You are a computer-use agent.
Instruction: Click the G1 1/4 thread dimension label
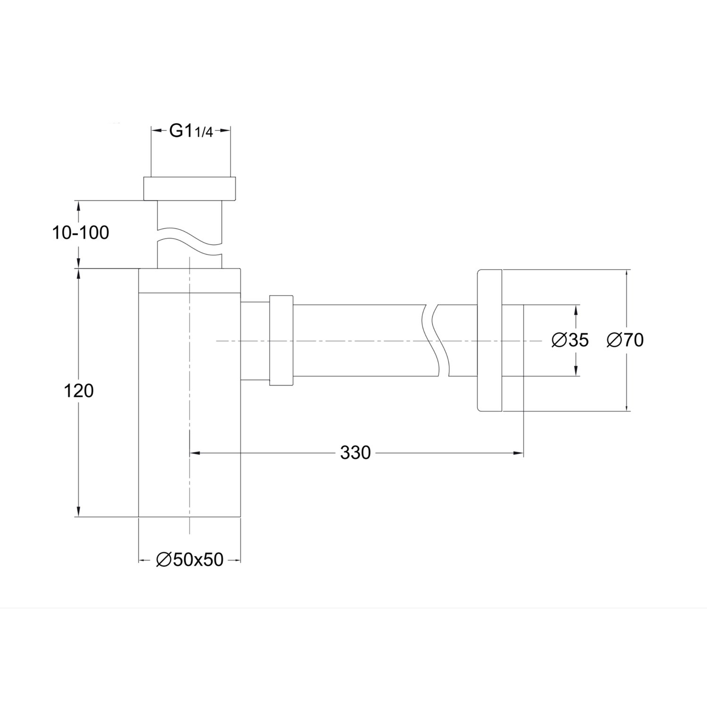coord(191,132)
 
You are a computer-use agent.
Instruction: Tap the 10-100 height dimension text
coord(80,232)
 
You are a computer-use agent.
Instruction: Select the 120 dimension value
coord(79,390)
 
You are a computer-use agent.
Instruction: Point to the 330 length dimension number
coord(355,453)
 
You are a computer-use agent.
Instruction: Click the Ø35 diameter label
coord(570,340)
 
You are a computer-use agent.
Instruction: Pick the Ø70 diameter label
coord(625,340)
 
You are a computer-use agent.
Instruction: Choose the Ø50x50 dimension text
coord(189,560)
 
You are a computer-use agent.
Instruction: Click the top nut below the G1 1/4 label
coord(190,189)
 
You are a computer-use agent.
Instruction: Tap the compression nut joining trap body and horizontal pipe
coord(281,341)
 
